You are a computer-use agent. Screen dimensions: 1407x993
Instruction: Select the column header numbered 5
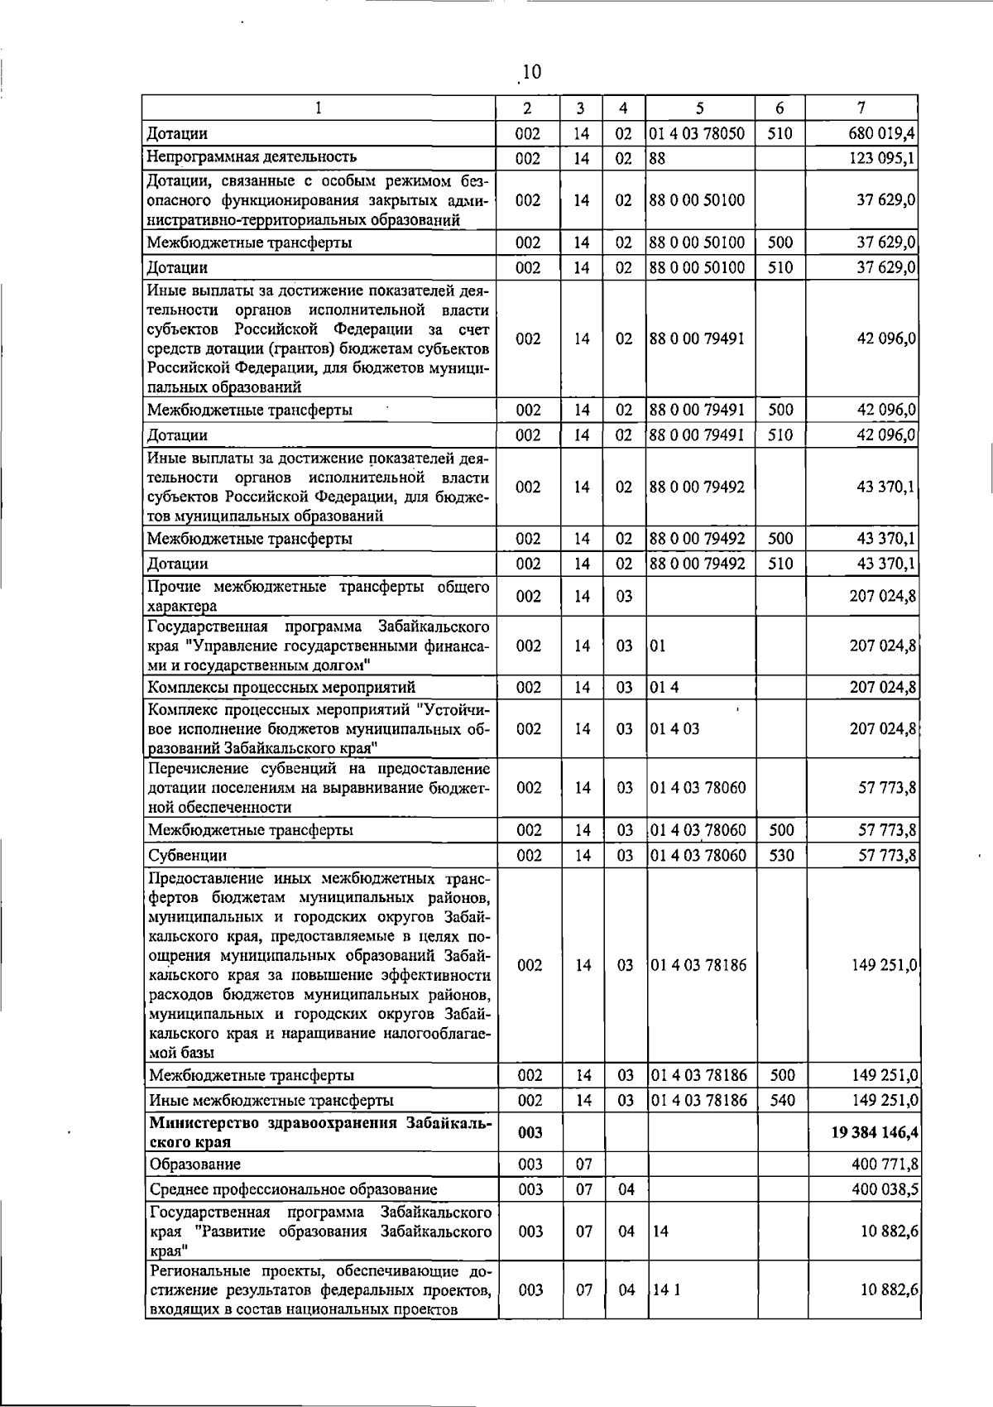point(699,108)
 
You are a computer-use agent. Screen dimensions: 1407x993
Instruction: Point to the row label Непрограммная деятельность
point(252,157)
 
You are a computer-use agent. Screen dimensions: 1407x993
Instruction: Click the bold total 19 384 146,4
point(875,1132)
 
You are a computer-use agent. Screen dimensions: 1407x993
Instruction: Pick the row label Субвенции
point(187,855)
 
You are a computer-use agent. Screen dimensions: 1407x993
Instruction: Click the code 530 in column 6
point(780,855)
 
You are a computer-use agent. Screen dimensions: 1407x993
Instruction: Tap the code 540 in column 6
point(781,1100)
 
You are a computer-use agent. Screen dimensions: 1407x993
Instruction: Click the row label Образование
point(195,1164)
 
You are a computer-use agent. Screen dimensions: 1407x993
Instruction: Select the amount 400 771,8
point(884,1164)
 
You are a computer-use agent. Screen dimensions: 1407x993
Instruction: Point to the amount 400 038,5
point(884,1189)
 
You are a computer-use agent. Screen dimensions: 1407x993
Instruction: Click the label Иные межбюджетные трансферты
point(271,1100)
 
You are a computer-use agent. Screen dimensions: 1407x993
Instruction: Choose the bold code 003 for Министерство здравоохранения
point(530,1132)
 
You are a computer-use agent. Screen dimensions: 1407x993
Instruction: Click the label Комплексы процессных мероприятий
point(281,687)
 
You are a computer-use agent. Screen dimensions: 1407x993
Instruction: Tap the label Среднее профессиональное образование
point(293,1189)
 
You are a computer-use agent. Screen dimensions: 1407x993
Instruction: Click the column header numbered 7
point(861,108)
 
